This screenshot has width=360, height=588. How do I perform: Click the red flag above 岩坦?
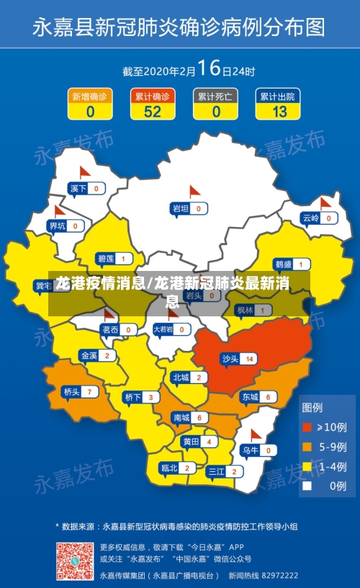click(x=193, y=192)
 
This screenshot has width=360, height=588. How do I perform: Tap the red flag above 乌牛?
click(x=256, y=435)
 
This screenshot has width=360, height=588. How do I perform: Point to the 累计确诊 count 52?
click(x=153, y=112)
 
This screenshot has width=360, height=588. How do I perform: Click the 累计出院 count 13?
click(x=279, y=112)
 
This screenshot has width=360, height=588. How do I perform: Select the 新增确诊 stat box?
click(x=90, y=104)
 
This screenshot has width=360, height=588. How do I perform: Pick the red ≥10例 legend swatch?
click(x=307, y=427)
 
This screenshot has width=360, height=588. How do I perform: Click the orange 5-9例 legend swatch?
click(x=307, y=446)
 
